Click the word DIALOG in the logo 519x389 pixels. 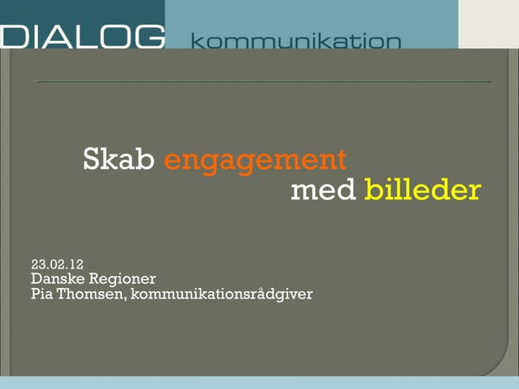coord(82,37)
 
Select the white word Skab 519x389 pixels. coord(119,160)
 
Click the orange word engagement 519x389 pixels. coord(255,160)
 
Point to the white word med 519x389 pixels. coord(323,190)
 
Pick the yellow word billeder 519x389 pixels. coord(422,190)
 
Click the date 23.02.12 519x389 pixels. coord(57,264)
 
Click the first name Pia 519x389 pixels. coord(42,294)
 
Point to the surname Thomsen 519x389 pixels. coord(90,294)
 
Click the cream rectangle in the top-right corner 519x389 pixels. coord(488,24)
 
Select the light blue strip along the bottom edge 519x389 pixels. coord(259,382)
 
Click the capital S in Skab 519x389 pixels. coord(92,160)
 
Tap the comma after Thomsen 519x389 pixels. coord(126,297)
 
